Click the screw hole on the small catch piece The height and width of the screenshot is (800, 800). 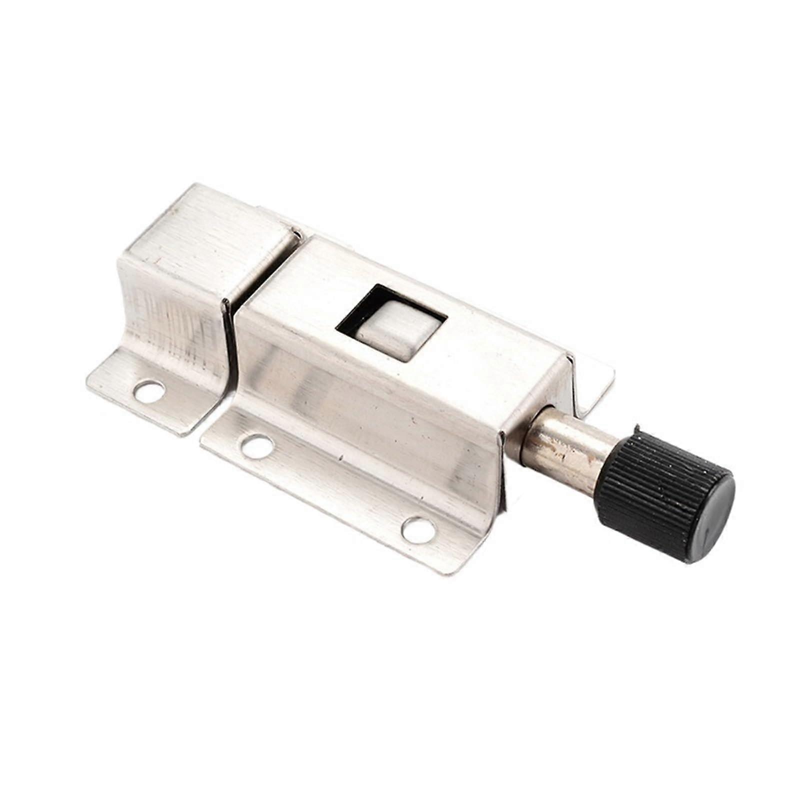(150, 390)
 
